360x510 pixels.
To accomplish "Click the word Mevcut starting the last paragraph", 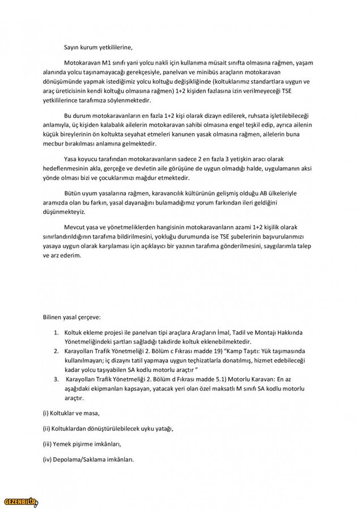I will [76, 226].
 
